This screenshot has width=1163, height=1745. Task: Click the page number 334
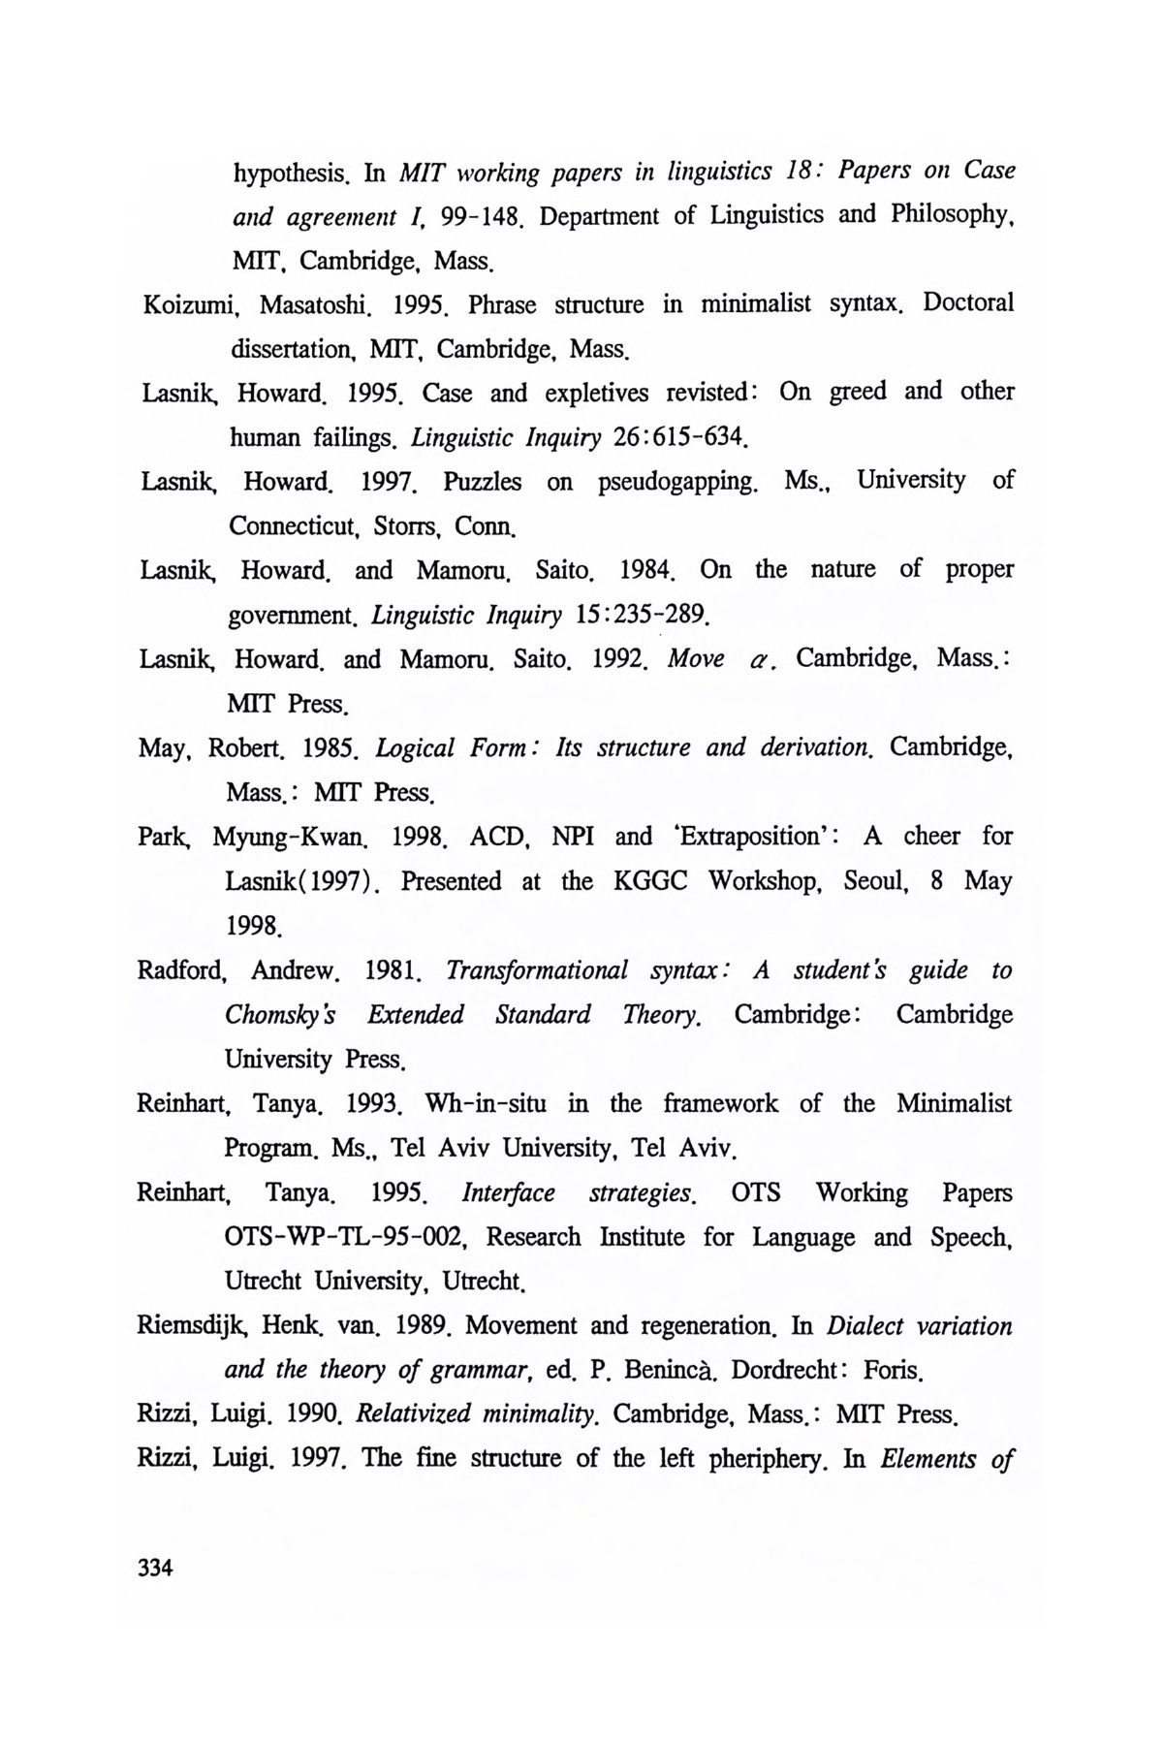155,1568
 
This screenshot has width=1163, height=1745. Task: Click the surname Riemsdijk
194,1326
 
